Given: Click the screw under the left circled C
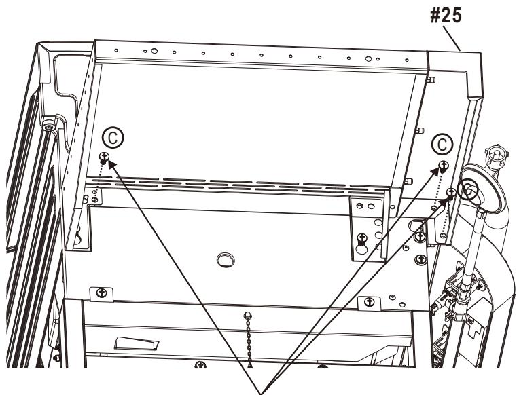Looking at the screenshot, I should [105, 157].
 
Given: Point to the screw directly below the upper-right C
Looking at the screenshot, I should [443, 164].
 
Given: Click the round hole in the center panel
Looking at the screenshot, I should [223, 259].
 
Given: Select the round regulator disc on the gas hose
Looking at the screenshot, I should [470, 191].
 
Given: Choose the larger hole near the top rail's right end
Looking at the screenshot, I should [368, 59].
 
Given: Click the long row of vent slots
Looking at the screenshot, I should [245, 185].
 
